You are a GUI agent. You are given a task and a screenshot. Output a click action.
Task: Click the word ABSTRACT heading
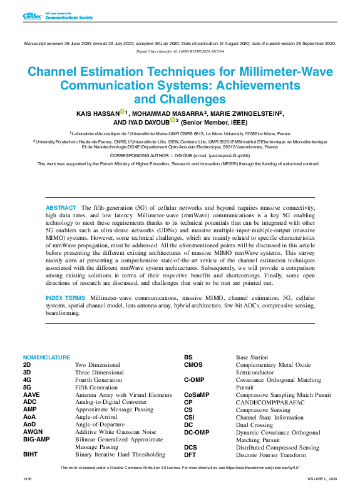click(x=61, y=207)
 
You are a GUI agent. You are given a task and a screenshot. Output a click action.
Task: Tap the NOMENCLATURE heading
click(x=47, y=358)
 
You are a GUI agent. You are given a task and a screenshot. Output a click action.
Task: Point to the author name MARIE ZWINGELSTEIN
click(x=246, y=113)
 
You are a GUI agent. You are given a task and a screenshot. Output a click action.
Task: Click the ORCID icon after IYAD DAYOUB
click(x=173, y=121)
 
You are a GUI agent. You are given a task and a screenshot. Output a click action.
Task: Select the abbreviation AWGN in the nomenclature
click(x=33, y=432)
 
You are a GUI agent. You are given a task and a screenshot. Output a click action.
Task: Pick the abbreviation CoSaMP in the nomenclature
click(x=196, y=394)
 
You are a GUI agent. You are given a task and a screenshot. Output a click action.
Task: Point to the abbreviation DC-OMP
click(x=197, y=432)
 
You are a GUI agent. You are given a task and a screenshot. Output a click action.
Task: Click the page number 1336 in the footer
click(x=27, y=478)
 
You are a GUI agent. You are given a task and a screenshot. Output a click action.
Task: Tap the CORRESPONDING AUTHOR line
click(x=179, y=155)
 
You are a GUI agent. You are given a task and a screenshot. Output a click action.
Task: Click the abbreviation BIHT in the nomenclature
click(x=32, y=455)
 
